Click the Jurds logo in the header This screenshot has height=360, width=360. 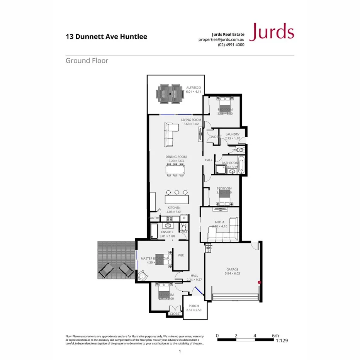coord(272,32)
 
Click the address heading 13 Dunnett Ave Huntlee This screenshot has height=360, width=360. coord(106,37)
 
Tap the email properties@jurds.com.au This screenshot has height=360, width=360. coord(221,39)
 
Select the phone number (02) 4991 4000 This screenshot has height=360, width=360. coord(231,44)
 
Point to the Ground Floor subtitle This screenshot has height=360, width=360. coord(87,61)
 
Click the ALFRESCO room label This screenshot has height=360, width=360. coord(193,88)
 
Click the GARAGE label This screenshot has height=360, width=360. coord(232,269)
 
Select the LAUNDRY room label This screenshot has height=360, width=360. coord(233,134)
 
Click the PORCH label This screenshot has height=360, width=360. coord(194,306)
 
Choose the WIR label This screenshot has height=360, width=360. coord(180,255)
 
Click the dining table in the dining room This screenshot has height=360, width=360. coord(175,170)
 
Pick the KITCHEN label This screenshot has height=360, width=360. coord(174,208)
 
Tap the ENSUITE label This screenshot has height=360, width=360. coord(167,232)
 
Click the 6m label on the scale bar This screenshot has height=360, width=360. coord(275,335)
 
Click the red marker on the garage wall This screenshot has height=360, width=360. coord(259,283)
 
